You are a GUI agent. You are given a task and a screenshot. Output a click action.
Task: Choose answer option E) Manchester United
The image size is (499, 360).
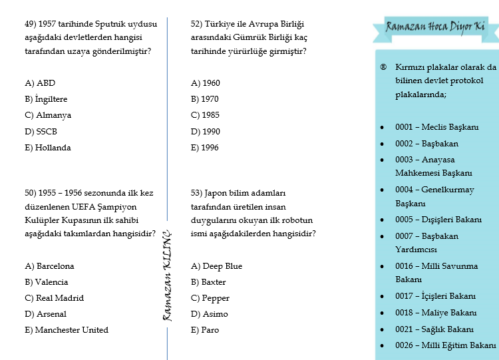click(x=67, y=330)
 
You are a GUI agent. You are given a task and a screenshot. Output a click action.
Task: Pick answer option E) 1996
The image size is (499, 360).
click(x=205, y=148)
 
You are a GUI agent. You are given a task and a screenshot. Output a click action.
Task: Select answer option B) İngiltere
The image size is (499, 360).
click(x=46, y=99)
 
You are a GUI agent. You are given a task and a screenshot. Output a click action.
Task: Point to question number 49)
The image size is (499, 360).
click(x=31, y=23)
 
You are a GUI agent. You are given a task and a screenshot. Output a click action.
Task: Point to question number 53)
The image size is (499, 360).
click(x=196, y=193)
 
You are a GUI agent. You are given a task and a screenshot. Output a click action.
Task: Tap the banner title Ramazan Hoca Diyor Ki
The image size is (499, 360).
click(x=436, y=27)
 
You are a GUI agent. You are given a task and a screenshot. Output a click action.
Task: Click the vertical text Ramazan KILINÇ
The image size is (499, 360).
click(x=168, y=276)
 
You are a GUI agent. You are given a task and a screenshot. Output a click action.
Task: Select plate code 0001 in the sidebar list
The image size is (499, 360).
click(x=405, y=126)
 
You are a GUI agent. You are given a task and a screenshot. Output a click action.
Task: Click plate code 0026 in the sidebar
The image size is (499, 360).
click(x=405, y=345)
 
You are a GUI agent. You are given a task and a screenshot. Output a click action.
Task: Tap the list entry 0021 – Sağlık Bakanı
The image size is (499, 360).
click(x=434, y=329)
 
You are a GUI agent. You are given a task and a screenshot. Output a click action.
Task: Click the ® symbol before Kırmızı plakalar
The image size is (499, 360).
click(x=383, y=67)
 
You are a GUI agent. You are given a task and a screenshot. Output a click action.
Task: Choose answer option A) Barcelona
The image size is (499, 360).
click(x=49, y=266)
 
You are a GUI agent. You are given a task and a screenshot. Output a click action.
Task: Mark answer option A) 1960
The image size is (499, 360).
click(x=205, y=83)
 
